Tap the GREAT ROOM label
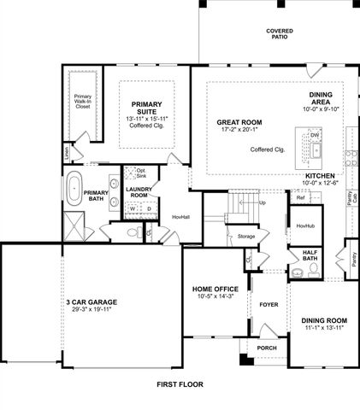(239, 123)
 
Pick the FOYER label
(269, 303)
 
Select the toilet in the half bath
(314, 269)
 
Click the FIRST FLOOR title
(180, 385)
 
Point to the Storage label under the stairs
(246, 236)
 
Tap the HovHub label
(305, 225)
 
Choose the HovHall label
(180, 217)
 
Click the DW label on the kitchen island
(315, 135)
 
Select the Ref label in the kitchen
(301, 198)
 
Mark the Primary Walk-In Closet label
(83, 102)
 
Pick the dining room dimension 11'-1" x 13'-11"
(323, 327)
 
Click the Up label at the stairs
(262, 203)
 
